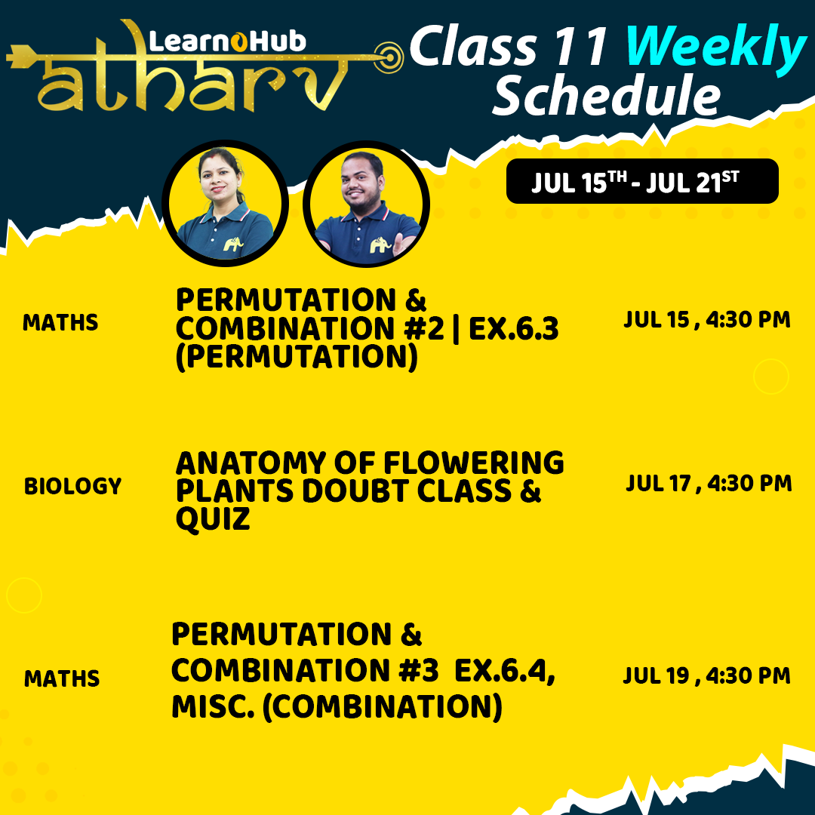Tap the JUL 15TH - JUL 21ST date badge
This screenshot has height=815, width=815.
point(641,182)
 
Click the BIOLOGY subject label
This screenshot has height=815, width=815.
point(72,487)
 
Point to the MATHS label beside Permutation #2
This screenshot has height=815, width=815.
point(60,323)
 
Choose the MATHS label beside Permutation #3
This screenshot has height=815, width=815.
point(62,679)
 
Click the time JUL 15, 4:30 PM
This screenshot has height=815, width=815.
point(707,320)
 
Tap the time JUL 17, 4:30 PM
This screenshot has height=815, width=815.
point(709,483)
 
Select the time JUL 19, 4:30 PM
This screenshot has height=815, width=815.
point(707,675)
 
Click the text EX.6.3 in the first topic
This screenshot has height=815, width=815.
point(514,330)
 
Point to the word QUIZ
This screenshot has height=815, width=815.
point(213,519)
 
